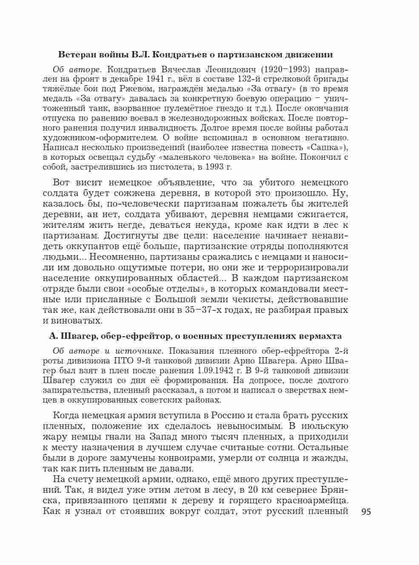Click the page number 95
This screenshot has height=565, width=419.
tap(366, 512)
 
